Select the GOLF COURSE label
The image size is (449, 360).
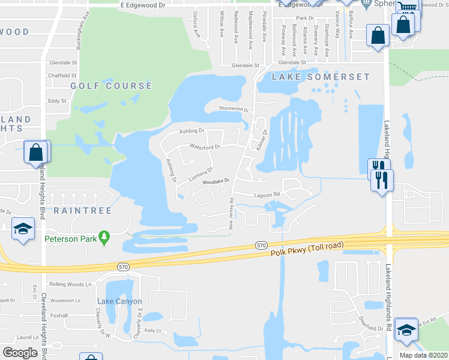tap(112, 86)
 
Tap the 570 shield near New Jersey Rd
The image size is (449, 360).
tap(261, 245)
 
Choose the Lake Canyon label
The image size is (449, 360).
tap(119, 301)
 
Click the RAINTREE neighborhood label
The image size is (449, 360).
tap(74, 211)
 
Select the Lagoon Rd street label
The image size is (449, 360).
tap(267, 194)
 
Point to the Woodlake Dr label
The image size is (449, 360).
tap(216, 181)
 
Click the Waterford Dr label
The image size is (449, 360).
tap(205, 146)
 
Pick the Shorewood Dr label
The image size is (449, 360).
tap(234, 109)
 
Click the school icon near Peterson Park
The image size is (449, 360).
tap(23, 229)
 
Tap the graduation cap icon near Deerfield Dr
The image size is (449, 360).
tap(406, 329)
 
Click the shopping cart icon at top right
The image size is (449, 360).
tap(408, 8)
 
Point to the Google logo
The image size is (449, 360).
tap(20, 353)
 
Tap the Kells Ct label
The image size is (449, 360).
tap(153, 331)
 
